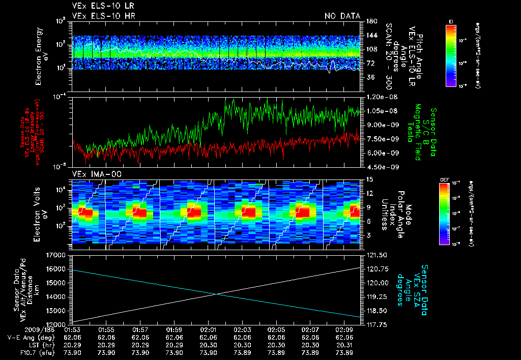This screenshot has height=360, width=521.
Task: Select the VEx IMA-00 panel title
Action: pos(91,174)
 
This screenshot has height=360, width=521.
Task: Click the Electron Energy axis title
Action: pos(41,56)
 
